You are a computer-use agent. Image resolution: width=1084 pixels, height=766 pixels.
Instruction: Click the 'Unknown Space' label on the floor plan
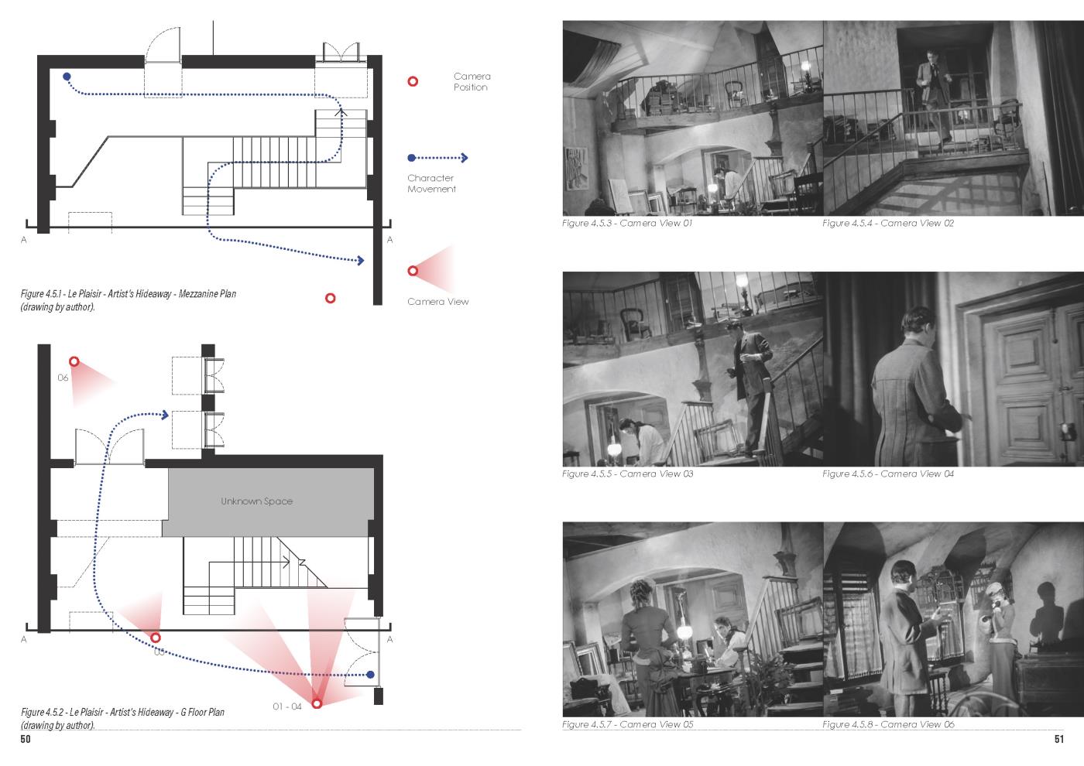coord(256,501)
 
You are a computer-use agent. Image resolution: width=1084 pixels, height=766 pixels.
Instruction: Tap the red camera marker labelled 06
coord(74,361)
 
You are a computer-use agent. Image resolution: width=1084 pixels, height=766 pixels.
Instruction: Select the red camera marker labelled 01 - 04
coord(317,703)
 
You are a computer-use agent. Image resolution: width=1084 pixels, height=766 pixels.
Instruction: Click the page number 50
coord(25,739)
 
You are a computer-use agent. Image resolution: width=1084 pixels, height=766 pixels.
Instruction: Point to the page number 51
coord(1059,739)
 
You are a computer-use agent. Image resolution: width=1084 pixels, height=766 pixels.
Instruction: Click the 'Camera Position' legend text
coord(472,82)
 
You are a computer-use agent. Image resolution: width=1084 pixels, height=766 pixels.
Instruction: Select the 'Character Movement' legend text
coord(431,183)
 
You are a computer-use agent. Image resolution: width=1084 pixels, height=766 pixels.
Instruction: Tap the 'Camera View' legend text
coord(438,302)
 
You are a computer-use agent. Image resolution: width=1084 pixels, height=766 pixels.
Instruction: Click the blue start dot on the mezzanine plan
coord(67,77)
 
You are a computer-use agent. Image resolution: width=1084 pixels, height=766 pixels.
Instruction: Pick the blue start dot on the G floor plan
coord(370,674)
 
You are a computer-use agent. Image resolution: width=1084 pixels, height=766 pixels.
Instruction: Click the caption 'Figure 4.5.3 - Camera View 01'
coord(627,223)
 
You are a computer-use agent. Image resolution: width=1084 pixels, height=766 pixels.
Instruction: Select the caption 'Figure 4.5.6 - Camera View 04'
coord(888,474)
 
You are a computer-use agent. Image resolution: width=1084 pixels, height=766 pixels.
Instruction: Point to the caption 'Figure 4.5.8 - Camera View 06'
coord(888,724)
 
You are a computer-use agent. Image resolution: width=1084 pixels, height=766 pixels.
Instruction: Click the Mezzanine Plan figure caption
coord(129,300)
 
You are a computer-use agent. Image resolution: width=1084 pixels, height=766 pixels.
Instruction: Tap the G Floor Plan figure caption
coord(122,719)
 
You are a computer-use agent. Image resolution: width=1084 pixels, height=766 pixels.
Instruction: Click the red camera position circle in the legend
coord(413,81)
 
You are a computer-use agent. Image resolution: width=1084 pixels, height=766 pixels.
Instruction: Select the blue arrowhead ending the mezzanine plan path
coord(361,261)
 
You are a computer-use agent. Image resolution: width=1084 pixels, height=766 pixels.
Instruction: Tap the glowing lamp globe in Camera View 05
coord(684,631)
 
